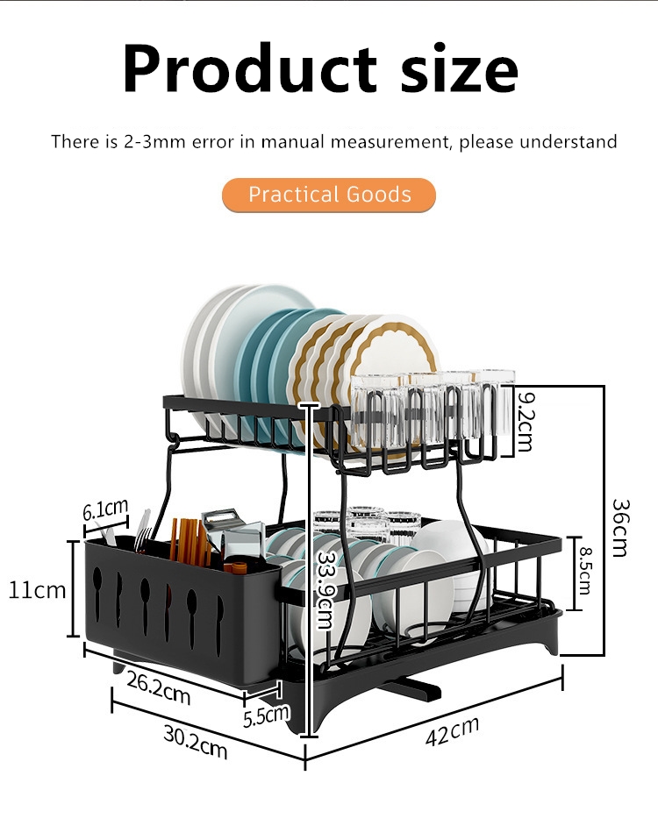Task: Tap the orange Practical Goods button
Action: [329, 194]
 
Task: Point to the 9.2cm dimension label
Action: [525, 422]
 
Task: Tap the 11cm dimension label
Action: [37, 589]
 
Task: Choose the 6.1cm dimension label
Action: [105, 509]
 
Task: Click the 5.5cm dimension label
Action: [266, 715]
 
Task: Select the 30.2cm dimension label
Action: [195, 743]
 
